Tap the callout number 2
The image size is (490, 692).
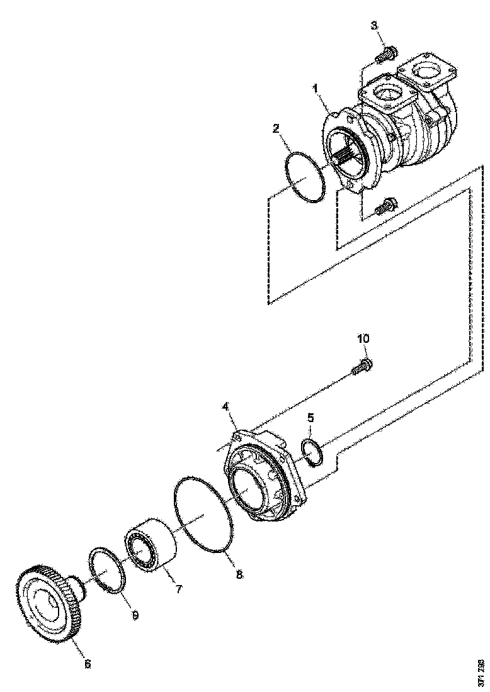(276, 128)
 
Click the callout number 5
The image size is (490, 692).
(310, 417)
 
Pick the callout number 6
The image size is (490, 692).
(87, 664)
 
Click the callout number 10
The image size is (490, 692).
(364, 339)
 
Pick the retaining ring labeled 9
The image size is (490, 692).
(108, 569)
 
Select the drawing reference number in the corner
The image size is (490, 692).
(482, 671)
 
